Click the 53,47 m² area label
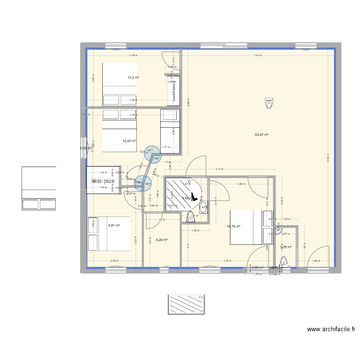pos(261,135)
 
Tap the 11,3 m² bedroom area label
pos(133,77)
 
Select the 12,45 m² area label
pos(129,141)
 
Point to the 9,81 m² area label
pos(114,226)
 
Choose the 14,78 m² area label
pos(234,226)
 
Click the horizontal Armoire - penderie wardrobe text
pos(106,181)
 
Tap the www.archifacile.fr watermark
pos(332,330)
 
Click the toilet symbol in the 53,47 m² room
pos(269,103)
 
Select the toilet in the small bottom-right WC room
pos(284,262)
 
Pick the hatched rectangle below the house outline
pos(186,304)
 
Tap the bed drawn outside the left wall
pos(39,188)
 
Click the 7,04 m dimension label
pos(258,56)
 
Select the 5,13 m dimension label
pos(219,169)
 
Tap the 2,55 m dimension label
pos(114,261)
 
